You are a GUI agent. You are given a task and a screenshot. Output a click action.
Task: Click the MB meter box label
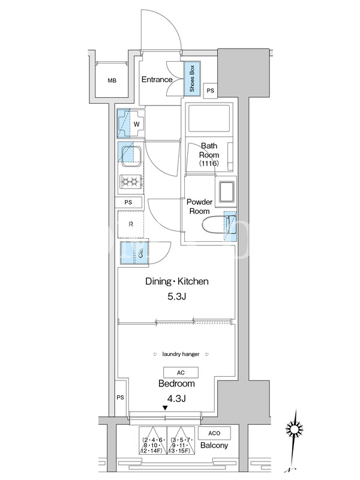[x=112, y=81]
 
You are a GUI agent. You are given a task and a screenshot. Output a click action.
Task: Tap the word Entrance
[x=157, y=80]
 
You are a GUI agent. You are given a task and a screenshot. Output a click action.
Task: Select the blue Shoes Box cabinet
[x=192, y=79]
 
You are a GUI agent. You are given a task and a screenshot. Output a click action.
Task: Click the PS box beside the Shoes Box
[x=211, y=91]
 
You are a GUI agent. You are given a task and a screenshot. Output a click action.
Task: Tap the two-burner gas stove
[x=131, y=182]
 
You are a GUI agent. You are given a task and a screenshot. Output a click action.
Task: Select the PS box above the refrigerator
[x=128, y=202]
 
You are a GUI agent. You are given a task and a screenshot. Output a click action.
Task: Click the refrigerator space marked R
[x=131, y=224]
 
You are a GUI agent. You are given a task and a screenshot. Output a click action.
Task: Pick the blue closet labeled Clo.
[x=134, y=253]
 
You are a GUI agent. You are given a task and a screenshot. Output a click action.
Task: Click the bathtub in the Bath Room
[x=209, y=119]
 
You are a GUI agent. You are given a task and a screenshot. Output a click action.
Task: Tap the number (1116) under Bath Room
[x=209, y=163]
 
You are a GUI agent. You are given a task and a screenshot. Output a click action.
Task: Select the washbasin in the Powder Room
[x=227, y=192]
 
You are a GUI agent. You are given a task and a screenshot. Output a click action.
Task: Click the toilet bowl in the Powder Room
[x=215, y=225]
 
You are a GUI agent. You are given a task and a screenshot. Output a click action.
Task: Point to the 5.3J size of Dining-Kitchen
[x=176, y=296]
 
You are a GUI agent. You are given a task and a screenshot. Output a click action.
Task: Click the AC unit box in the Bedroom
[x=181, y=373]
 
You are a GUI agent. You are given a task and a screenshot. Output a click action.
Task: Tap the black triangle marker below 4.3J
[x=165, y=408]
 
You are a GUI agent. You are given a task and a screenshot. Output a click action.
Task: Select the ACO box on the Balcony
[x=214, y=433]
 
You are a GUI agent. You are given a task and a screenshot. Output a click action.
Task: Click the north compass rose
[x=294, y=428]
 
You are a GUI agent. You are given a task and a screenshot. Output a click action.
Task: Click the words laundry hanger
[x=181, y=354]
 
